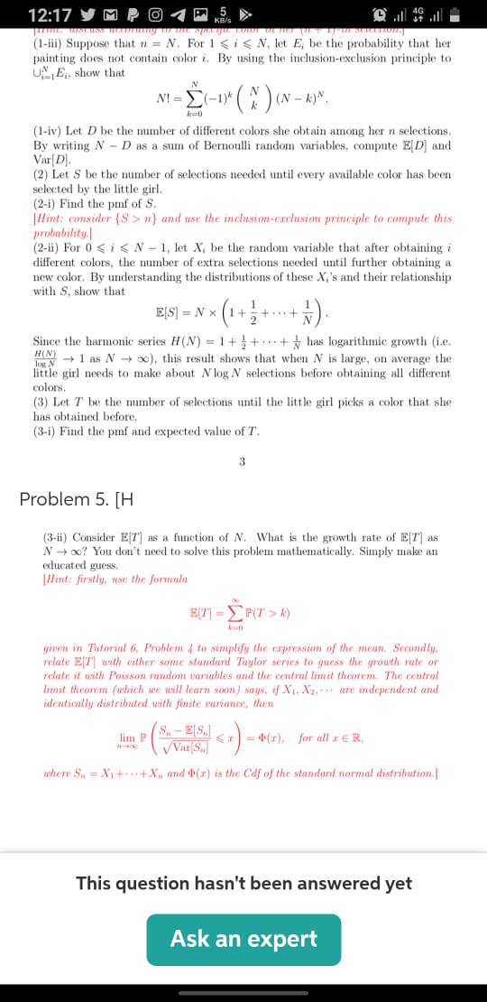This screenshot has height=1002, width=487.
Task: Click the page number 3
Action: coord(243,462)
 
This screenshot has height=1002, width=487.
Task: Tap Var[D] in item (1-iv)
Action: coord(53,158)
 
